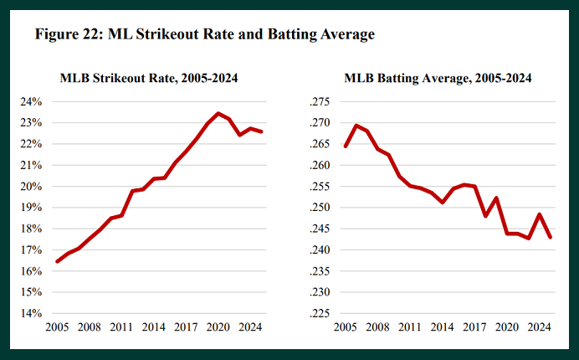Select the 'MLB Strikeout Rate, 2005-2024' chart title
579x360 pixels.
149,79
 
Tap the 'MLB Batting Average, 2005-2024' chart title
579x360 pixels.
438,79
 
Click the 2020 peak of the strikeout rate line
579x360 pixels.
218,113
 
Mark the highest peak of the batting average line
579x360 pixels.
356,126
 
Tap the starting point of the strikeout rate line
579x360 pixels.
57,261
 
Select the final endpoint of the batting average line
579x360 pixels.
550,237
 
